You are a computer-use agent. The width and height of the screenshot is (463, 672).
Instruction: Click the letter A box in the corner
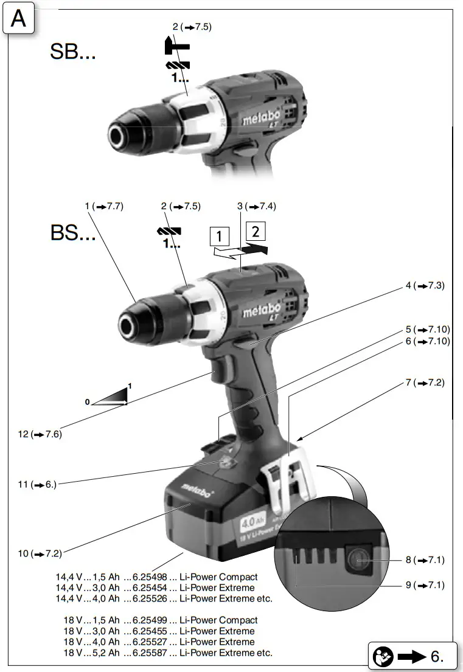pos(18,20)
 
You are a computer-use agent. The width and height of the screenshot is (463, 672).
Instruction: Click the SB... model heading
pos(72,52)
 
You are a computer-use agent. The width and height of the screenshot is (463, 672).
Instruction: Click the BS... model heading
pos(72,233)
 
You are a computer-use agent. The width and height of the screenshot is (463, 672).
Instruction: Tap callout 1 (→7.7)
pos(104,207)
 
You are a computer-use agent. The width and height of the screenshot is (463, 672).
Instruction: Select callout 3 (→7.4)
pos(256,207)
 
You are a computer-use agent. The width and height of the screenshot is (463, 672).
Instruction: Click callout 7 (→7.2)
pos(425,383)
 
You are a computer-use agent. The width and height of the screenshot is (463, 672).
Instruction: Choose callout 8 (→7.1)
pos(425,559)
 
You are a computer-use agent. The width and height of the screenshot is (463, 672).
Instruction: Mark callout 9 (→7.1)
pos(425,585)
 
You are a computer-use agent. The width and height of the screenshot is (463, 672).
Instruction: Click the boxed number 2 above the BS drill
pos(256,231)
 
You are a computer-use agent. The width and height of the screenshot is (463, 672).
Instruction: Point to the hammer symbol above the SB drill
pos(177,46)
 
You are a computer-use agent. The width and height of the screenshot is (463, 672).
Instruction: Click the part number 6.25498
pos(145,577)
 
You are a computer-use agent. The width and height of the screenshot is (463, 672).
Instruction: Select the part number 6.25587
pos(145,653)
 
